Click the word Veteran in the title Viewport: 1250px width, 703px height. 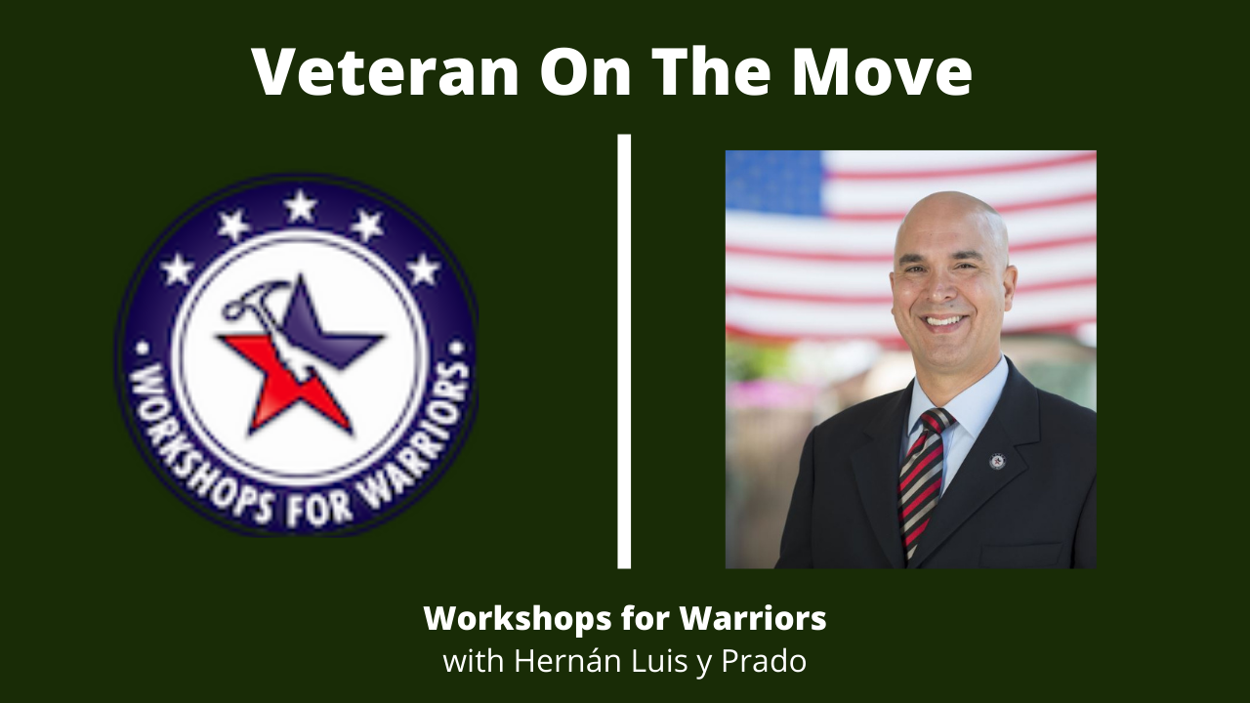[386, 71]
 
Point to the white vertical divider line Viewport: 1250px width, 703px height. [624, 351]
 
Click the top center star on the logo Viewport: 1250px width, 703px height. [301, 205]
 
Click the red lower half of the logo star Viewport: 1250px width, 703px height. [290, 385]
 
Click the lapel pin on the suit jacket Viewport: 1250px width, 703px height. [997, 462]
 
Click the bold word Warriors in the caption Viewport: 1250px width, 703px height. [752, 618]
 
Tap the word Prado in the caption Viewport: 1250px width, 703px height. [764, 662]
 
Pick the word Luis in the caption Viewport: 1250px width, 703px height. [659, 662]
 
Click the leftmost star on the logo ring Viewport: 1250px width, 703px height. [177, 269]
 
